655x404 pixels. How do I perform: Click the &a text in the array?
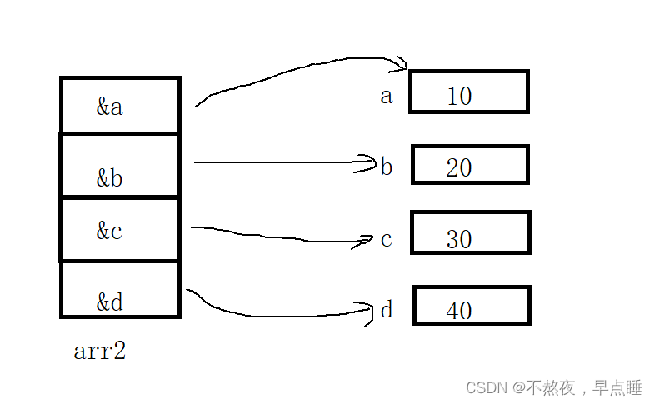click(109, 107)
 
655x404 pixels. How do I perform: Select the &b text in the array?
click(109, 178)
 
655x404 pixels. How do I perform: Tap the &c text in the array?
click(109, 231)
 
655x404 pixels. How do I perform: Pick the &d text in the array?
click(109, 302)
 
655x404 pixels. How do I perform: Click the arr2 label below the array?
click(99, 352)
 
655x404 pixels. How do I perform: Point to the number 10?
click(459, 97)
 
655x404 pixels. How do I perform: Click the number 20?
click(459, 168)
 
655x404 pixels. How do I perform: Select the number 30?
click(459, 240)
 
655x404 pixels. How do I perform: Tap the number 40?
click(459, 312)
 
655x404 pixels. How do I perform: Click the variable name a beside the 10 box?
click(386, 97)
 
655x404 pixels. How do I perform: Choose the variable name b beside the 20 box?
click(387, 167)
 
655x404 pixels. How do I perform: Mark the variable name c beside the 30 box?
click(386, 240)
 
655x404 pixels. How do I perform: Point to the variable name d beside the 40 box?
click(387, 311)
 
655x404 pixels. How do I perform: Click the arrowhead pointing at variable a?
click(402, 63)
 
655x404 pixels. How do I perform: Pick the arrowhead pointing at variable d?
click(368, 312)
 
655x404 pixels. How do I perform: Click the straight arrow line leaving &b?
click(275, 162)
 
